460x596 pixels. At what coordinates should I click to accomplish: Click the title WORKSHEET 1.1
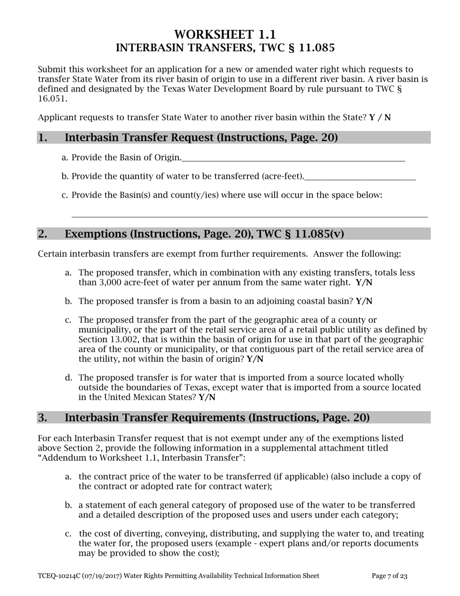pyautogui.click(x=225, y=34)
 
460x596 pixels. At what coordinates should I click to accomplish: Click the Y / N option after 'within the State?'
pyautogui.click(x=380, y=118)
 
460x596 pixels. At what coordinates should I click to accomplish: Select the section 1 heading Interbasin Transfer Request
pyautogui.click(x=201, y=138)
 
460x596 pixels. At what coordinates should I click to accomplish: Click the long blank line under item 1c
pyautogui.click(x=249, y=216)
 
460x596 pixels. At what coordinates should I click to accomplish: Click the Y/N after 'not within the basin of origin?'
pyautogui.click(x=255, y=359)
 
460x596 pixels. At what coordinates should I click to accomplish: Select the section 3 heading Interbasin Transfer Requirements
pyautogui.click(x=217, y=418)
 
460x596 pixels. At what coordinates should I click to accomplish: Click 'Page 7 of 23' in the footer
pyautogui.click(x=389, y=576)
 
